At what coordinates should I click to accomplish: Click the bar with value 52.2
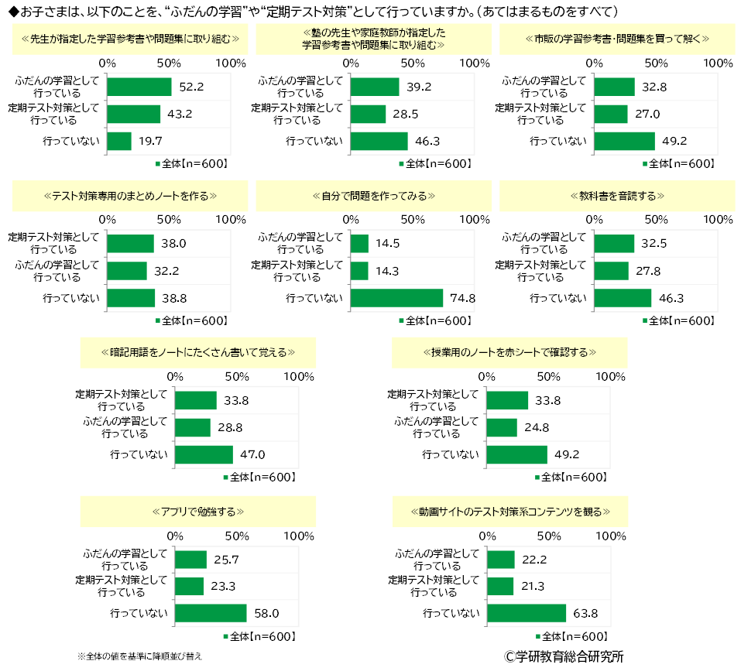tap(139, 87)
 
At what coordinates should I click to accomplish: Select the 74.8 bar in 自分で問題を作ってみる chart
tap(396, 298)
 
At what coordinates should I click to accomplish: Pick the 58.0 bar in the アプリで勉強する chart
tap(211, 613)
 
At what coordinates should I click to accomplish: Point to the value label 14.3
tap(387, 271)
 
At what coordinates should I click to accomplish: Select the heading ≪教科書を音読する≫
tap(616, 195)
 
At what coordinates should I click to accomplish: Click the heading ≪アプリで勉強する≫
tap(198, 512)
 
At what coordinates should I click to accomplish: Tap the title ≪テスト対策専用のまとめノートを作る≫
tap(130, 195)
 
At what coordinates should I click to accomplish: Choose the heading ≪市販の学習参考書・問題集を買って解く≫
tap(616, 38)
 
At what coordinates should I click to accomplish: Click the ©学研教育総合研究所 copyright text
tap(564, 656)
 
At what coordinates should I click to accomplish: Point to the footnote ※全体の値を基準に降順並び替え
tap(140, 656)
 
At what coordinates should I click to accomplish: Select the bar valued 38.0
tap(130, 244)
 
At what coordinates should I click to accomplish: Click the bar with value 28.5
tap(368, 114)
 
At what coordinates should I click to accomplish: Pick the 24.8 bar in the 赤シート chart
tap(502, 427)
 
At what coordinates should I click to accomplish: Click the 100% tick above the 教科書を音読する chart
tap(719, 220)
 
